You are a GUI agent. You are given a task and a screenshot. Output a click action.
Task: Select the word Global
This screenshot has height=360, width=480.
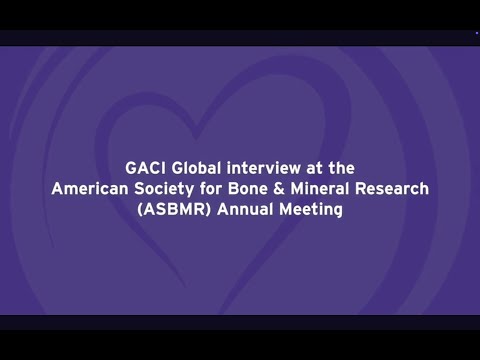[x=197, y=166]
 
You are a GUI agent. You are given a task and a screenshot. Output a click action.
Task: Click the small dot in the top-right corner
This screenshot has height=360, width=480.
[x=476, y=34]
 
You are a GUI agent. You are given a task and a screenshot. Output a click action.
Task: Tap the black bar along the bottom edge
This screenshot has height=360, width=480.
[x=240, y=322]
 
